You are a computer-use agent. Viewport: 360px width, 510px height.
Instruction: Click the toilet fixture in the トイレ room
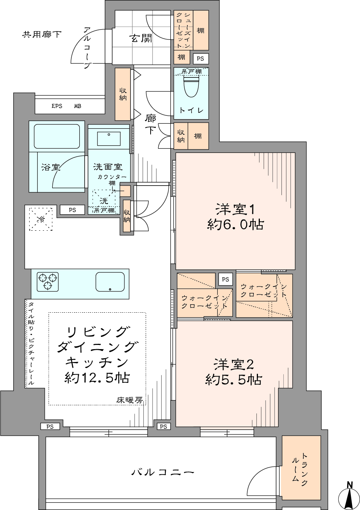coord(191,87)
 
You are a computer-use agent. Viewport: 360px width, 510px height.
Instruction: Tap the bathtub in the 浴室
coord(57,136)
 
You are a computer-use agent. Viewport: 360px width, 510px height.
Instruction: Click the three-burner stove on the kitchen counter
coord(47,282)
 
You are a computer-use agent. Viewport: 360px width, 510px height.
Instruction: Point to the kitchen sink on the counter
coord(110,282)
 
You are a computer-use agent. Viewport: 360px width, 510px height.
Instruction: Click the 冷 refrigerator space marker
coord(41,219)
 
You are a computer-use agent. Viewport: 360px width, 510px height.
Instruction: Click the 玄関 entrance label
coord(141,38)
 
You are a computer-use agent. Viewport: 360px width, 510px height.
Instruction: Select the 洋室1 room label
coord(234,209)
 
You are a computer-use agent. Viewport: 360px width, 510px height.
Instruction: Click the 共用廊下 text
coord(42,35)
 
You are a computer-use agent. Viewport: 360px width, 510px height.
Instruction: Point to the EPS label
coord(57,106)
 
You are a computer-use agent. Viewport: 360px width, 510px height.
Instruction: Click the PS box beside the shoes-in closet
coord(200,58)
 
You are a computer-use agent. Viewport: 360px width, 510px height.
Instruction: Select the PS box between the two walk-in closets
coord(225,279)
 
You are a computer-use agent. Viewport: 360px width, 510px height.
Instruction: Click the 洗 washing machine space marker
coord(104,201)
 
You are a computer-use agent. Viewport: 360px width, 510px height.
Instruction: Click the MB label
coord(78,106)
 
